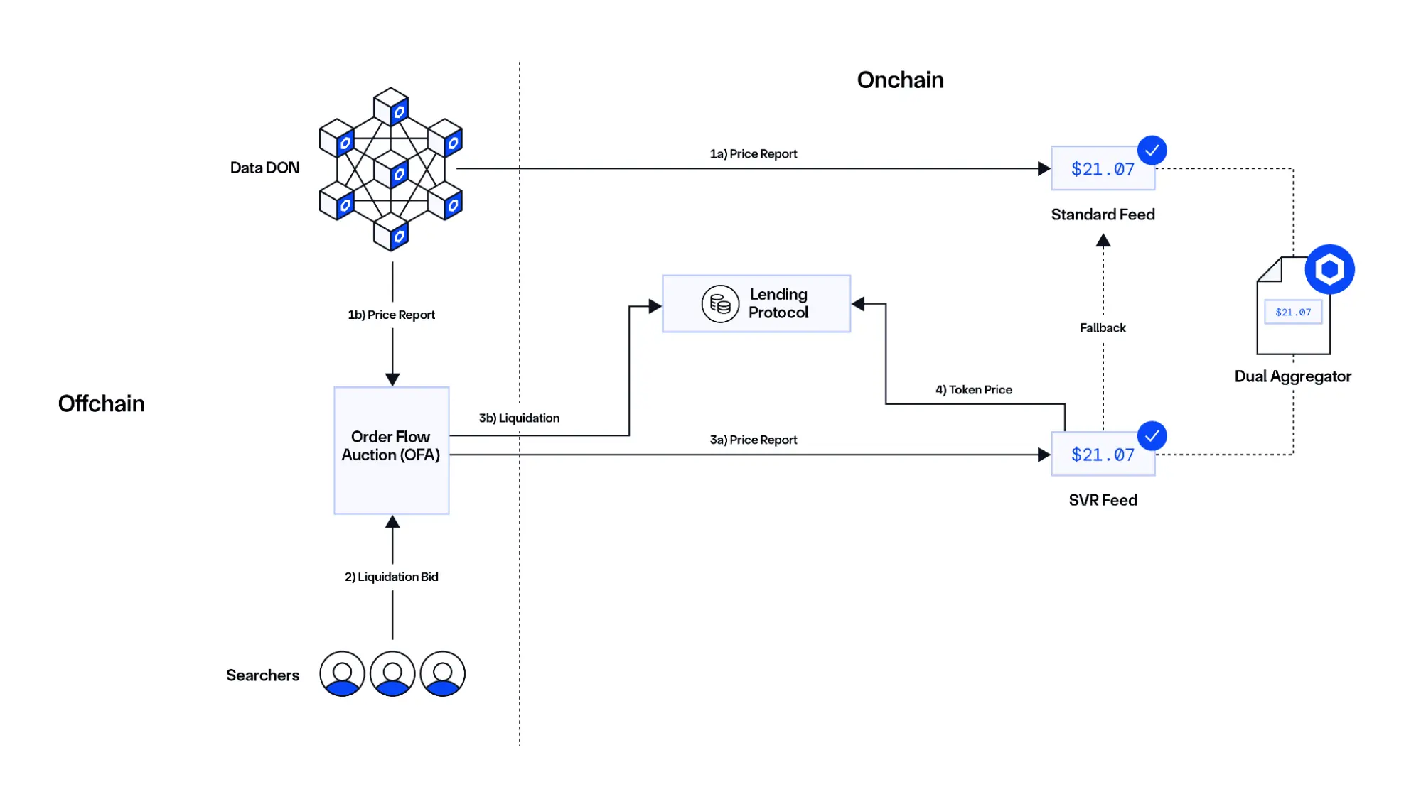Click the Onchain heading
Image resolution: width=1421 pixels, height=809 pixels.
[x=900, y=80]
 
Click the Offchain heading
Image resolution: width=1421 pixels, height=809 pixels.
[x=101, y=403]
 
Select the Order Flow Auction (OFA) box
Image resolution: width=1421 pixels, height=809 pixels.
[x=391, y=450]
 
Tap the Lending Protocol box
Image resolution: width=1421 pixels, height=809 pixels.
[x=756, y=304]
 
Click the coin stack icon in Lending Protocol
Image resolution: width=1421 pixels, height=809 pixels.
[x=720, y=304]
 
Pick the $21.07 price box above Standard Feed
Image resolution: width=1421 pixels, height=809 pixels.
[x=1102, y=169]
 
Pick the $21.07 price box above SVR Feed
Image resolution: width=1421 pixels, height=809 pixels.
[x=1102, y=455]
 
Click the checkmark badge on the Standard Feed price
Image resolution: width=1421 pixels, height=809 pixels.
[x=1152, y=151]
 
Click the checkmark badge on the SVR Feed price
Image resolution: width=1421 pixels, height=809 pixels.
[x=1152, y=436]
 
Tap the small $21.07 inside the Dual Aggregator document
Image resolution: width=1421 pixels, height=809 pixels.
[x=1292, y=313]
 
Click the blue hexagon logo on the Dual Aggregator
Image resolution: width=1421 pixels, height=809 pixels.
[x=1329, y=269]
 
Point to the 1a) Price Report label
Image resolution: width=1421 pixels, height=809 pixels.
[x=753, y=154]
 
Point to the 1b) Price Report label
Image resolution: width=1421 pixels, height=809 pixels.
[x=391, y=315]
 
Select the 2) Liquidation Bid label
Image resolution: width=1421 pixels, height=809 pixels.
[x=391, y=577]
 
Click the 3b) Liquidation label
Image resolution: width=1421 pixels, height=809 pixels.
[x=519, y=418]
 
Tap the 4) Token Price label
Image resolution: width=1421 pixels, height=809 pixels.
[x=973, y=390]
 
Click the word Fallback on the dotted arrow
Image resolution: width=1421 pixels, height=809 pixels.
[x=1103, y=328]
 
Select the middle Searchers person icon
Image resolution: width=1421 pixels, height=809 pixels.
[x=392, y=674]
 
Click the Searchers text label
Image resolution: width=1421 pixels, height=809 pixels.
[x=262, y=675]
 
